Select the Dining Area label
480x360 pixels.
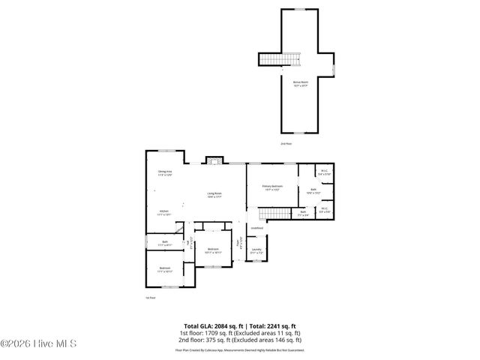(165, 173)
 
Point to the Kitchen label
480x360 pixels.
(164, 213)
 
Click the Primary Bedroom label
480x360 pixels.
(271, 187)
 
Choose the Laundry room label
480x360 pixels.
(256, 251)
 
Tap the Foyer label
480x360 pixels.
(240, 243)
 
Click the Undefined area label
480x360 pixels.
(256, 227)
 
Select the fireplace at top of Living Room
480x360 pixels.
(215, 160)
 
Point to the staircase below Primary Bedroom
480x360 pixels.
(279, 215)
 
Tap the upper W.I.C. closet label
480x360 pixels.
(324, 172)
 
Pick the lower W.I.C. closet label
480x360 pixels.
(324, 211)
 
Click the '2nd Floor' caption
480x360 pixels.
(286, 142)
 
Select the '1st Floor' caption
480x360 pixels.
(150, 298)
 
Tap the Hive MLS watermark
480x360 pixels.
(40, 343)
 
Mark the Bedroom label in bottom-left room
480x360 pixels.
(165, 269)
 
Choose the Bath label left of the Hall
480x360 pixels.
(165, 243)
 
